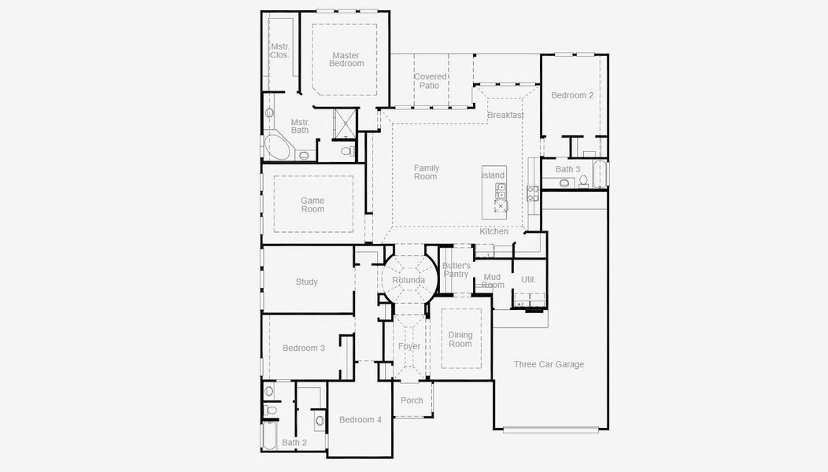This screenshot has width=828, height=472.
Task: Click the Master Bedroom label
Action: click(x=346, y=60)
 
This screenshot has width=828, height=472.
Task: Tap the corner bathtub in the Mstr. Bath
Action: click(x=276, y=147)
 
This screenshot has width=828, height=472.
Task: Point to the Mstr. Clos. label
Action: click(x=279, y=50)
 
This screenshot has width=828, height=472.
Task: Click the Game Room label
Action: click(x=312, y=205)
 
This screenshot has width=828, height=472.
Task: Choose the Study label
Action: click(x=307, y=282)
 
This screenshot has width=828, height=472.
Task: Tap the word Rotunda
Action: click(x=408, y=280)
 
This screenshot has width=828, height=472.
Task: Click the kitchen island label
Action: click(x=493, y=175)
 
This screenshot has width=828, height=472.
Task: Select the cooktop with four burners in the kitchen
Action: click(x=533, y=194)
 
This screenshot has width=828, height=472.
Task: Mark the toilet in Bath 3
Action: click(x=583, y=181)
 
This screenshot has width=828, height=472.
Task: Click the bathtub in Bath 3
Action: click(x=600, y=174)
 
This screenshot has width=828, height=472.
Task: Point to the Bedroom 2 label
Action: click(x=572, y=95)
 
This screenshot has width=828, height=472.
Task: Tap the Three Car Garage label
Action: click(x=549, y=364)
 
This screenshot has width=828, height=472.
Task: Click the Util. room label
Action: click(x=528, y=280)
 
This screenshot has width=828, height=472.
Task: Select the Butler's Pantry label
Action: click(x=456, y=270)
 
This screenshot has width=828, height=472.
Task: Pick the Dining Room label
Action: click(x=460, y=340)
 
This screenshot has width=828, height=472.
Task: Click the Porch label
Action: click(x=412, y=400)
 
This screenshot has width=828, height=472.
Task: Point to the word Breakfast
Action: click(x=505, y=116)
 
